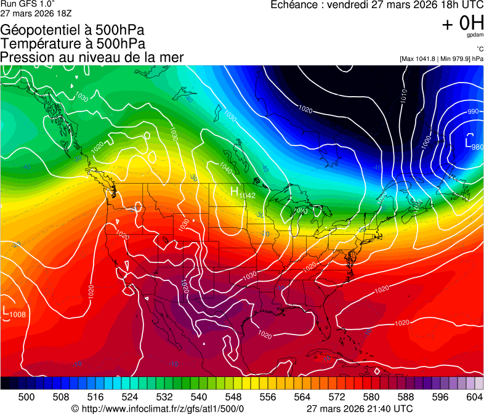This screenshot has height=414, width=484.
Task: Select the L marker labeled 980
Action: pos(469,139)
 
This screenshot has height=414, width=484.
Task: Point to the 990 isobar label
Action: pos(473,112)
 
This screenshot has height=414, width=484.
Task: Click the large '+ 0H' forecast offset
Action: pos(462,23)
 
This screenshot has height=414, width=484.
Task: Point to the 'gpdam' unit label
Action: pos(475,36)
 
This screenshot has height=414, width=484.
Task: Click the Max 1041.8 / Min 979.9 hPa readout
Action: pos(442,59)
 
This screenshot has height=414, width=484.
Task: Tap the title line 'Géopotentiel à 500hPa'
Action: pos(73,30)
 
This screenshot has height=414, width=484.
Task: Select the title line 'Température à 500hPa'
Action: pos(73,44)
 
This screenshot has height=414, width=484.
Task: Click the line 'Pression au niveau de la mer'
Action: pos(92,57)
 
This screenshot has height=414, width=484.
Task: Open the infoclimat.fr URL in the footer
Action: pos(163,408)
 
